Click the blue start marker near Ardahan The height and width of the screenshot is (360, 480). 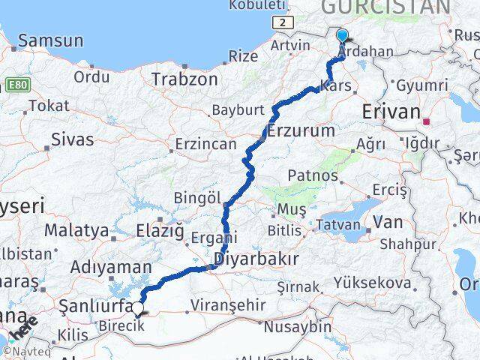point(342,35)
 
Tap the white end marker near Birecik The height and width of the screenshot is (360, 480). point(137,307)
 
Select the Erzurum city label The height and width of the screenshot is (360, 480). point(301,130)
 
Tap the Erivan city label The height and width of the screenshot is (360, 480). point(391,112)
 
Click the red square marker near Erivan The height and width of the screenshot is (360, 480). point(427,121)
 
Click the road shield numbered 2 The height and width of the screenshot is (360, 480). point(281,22)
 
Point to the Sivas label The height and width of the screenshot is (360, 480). point(73,139)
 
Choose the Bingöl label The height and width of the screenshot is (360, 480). point(197,199)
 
